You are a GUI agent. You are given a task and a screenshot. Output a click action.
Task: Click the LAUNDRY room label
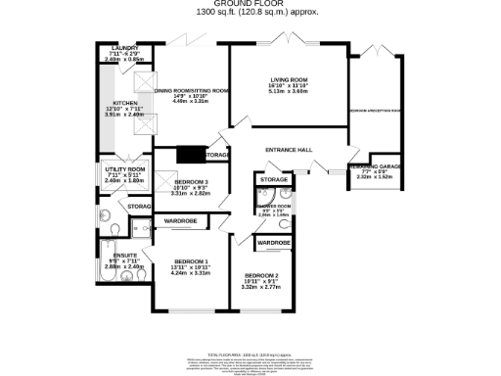124,47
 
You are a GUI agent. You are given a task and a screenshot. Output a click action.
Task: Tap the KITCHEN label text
125,102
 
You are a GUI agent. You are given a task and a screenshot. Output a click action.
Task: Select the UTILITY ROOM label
124,169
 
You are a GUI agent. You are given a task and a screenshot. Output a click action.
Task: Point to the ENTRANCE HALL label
289,149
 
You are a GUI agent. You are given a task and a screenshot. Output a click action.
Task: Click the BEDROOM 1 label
191,260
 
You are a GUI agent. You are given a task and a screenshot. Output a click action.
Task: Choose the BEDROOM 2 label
262,275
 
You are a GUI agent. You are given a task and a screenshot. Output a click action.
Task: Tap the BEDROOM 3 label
192,183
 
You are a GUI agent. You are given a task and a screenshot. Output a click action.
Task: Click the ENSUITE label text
124,255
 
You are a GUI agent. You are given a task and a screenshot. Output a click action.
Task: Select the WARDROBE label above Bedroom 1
181,221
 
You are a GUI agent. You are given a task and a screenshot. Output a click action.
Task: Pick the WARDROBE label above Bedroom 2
273,241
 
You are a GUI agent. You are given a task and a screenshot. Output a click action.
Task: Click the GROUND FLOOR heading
250,4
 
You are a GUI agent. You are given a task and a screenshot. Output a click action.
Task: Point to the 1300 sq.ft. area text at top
250,12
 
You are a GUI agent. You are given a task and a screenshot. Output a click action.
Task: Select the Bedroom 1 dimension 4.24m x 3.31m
191,273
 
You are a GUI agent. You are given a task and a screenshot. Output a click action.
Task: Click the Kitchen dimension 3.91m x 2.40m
125,115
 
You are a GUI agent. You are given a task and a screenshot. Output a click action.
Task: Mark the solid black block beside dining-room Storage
188,154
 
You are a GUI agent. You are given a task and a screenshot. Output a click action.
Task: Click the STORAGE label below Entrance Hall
275,180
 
